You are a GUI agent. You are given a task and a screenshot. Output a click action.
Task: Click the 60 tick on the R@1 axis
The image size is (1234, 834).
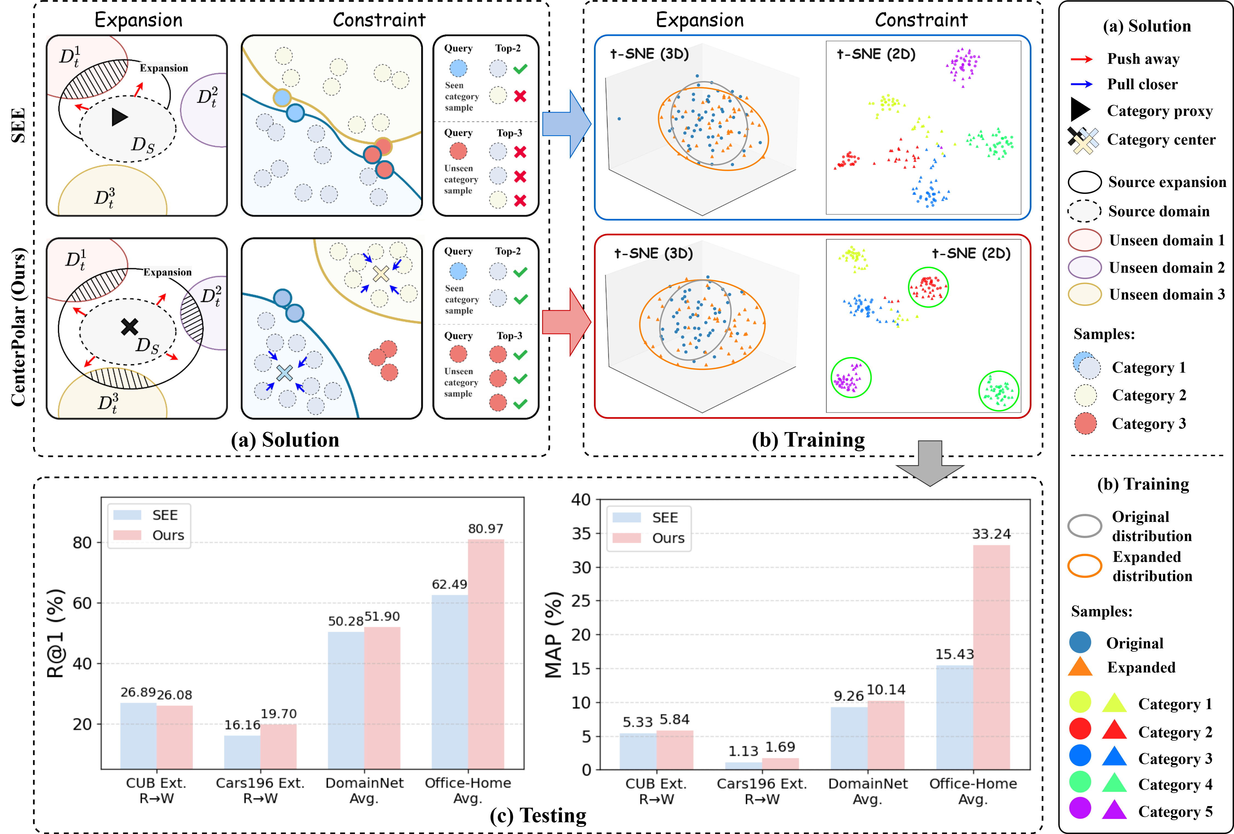82,603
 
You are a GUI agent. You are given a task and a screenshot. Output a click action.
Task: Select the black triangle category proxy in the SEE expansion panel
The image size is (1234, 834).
120,117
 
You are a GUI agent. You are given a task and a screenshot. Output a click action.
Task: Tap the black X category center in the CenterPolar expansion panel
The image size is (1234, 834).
130,326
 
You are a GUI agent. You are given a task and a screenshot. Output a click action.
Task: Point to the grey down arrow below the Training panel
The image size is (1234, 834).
930,463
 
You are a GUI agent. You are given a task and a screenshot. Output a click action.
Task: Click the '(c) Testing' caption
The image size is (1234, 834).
538,815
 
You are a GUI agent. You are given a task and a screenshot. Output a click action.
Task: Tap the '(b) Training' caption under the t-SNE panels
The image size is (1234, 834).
808,440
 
